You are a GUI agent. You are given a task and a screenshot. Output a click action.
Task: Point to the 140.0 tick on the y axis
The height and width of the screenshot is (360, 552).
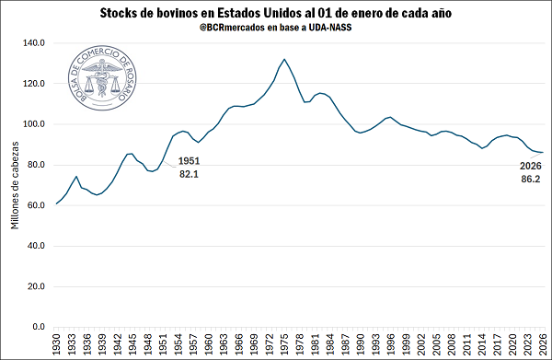pyautogui.click(x=34, y=43)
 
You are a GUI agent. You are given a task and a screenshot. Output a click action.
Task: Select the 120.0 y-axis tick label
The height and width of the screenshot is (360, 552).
pyautogui.click(x=34, y=84)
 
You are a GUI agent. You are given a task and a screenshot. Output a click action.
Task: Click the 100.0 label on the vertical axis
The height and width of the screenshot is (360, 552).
pyautogui.click(x=34, y=124)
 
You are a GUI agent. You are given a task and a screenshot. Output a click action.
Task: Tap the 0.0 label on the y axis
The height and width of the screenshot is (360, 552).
pyautogui.click(x=40, y=327)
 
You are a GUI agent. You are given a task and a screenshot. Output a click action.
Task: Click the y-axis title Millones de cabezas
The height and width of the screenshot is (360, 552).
pyautogui.click(x=14, y=185)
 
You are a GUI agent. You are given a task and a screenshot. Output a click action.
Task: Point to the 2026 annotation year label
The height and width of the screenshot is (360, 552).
pyautogui.click(x=530, y=167)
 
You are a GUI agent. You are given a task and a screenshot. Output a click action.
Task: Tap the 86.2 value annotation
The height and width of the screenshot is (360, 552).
pyautogui.click(x=530, y=180)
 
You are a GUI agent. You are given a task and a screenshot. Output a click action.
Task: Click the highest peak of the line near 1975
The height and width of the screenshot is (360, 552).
pyautogui.click(x=284, y=60)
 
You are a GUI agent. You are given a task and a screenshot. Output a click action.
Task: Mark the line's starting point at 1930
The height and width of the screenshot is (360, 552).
pyautogui.click(x=56, y=203)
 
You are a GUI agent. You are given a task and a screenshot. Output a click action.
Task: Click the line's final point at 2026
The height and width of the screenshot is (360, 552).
pyautogui.click(x=543, y=152)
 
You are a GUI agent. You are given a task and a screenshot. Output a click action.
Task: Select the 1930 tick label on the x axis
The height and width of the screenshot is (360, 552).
pyautogui.click(x=57, y=343)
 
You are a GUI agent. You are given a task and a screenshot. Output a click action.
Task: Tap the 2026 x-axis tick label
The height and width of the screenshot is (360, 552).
pyautogui.click(x=543, y=343)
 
